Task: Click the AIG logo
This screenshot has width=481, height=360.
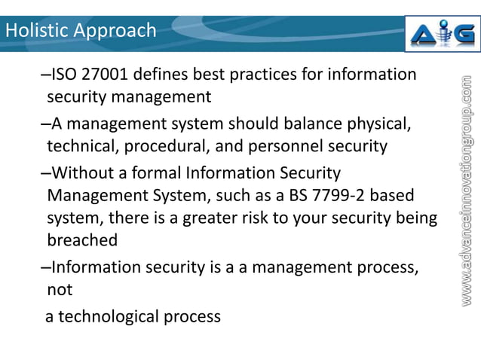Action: coord(442,34)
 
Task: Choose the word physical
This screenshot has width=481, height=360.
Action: coord(384,123)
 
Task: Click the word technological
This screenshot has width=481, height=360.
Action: coord(111,316)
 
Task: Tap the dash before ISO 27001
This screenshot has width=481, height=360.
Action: coord(44,75)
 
